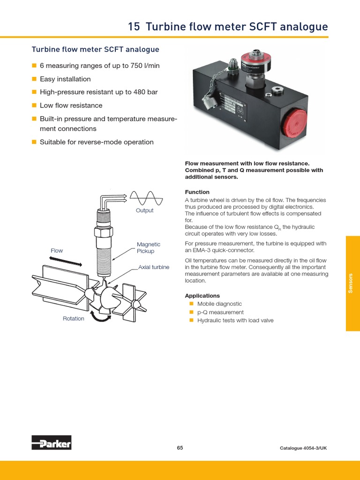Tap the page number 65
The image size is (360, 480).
point(180,448)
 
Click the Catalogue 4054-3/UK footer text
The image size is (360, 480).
point(303,448)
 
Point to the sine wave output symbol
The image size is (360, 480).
point(146,198)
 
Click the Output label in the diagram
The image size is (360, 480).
point(144,210)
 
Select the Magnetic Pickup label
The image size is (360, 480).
point(148,247)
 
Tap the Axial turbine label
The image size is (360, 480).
point(154,267)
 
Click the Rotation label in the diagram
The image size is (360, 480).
point(74,319)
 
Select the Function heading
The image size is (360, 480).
point(197,192)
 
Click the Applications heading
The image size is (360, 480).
point(202,296)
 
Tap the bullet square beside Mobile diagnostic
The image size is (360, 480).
point(191,304)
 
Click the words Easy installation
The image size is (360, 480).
point(65,79)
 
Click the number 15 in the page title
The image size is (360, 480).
point(134,27)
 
